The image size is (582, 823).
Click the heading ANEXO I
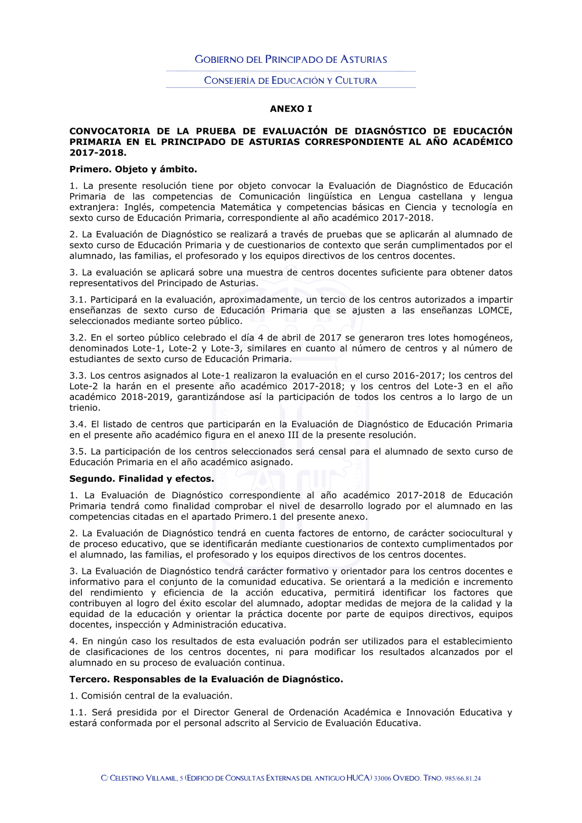[x=290, y=109]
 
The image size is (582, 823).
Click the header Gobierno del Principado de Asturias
[x=290, y=59]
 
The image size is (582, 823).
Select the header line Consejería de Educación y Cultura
[x=290, y=80]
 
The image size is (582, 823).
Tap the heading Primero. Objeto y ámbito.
[x=133, y=169]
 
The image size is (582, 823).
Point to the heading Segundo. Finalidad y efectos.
[x=141, y=479]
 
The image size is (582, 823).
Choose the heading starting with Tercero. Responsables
[x=206, y=679]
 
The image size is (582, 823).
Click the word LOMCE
[x=495, y=310]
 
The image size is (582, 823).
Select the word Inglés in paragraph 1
[x=137, y=207]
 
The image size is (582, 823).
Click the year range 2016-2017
[x=417, y=375]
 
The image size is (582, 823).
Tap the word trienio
[x=84, y=407]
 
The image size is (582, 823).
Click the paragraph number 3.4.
[x=77, y=424]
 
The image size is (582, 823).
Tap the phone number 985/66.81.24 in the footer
[x=463, y=778]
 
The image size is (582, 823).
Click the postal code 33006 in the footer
[x=382, y=778]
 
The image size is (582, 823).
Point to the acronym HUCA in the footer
[x=358, y=778]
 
